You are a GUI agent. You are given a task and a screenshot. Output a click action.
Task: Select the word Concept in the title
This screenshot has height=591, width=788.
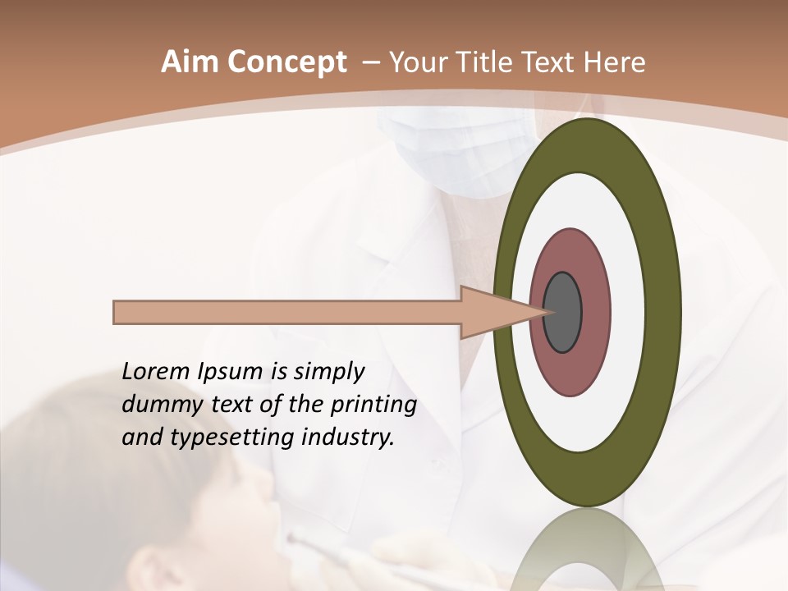(x=287, y=62)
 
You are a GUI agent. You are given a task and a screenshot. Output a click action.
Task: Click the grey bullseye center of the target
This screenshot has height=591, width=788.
(x=563, y=312)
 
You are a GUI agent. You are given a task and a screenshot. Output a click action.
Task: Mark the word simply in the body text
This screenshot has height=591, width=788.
(x=328, y=372)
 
